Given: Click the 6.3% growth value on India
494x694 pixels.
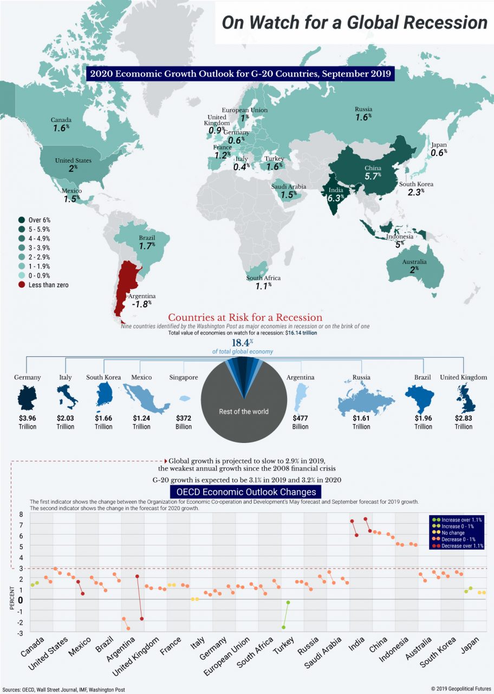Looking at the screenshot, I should [335, 198].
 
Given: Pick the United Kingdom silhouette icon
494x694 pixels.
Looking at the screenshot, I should [463, 398].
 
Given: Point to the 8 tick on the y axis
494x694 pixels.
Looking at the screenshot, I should [21, 514].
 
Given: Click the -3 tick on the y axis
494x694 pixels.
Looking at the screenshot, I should [21, 633].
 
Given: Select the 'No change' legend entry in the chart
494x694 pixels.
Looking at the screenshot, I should [454, 533].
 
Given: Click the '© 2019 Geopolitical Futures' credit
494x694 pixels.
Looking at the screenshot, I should [460, 689].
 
